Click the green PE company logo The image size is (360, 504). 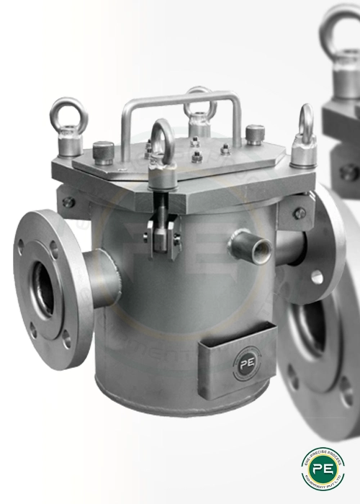coord(323,468)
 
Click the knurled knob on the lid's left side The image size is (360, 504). coord(103,151)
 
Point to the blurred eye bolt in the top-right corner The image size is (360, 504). coord(341,43)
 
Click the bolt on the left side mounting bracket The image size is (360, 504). coord(68,202)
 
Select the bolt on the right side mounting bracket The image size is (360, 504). coord(297,212)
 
